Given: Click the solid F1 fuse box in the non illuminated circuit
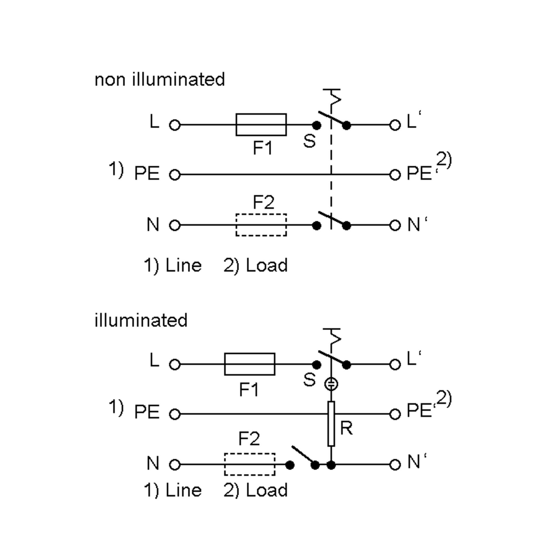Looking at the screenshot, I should click(261, 125).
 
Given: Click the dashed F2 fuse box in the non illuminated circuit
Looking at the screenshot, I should click(261, 225).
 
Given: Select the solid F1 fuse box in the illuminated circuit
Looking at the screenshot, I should click(250, 364).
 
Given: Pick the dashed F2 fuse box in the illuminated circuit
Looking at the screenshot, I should click(250, 464).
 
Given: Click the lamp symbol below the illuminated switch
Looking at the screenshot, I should click(331, 384).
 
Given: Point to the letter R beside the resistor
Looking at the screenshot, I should click(346, 428).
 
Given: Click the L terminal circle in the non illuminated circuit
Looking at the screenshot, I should click(175, 125).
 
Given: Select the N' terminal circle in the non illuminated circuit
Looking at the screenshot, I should click(395, 225).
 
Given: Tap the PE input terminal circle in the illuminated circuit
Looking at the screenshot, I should click(175, 414).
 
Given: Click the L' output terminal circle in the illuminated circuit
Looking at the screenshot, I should click(395, 364).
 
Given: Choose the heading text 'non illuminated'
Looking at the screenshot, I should click(160, 79).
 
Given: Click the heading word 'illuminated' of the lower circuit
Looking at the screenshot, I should click(141, 320).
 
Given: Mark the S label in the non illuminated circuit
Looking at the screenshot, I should click(309, 141).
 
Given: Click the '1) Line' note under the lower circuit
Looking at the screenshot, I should click(173, 490).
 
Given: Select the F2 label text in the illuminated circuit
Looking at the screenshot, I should click(249, 439).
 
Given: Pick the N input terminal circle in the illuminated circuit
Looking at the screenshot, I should click(175, 465).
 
